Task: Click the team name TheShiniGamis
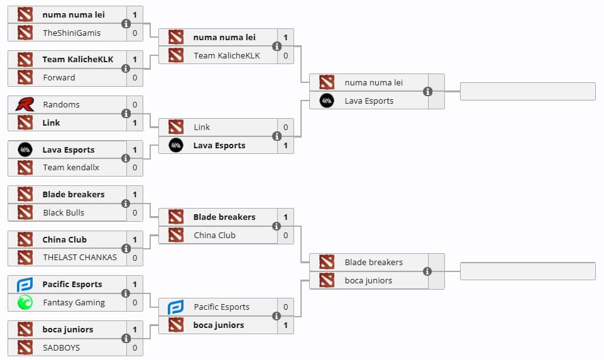71,33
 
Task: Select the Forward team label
58,77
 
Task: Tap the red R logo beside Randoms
25,104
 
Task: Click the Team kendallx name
71,167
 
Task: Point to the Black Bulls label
63,212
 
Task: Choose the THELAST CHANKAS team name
80,258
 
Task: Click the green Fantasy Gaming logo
25,302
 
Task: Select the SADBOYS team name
62,347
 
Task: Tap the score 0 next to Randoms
135,104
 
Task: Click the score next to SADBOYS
135,347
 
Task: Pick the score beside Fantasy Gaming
135,302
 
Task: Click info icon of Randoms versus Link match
126,114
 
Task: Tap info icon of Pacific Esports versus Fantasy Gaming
126,293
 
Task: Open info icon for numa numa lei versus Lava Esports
428,92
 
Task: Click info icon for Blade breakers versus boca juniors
428,271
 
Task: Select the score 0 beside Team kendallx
135,167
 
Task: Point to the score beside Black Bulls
135,212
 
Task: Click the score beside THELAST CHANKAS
135,258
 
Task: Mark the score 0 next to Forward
135,77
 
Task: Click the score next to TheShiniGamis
135,33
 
